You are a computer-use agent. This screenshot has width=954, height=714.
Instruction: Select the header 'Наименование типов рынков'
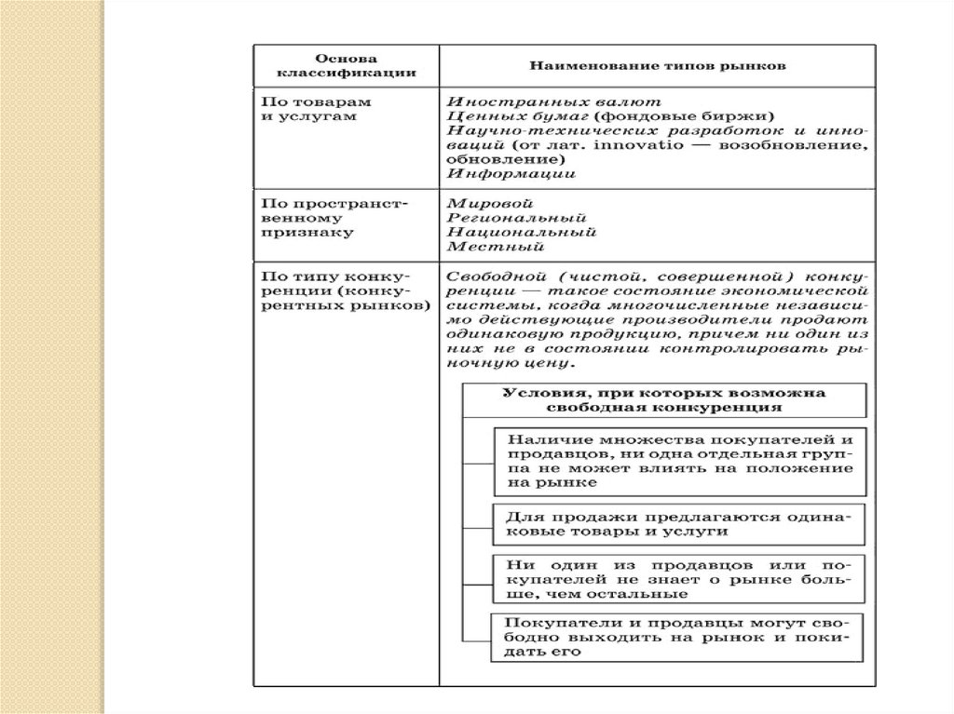[x=658, y=66]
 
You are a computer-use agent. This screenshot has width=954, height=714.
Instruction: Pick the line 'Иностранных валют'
[x=527, y=100]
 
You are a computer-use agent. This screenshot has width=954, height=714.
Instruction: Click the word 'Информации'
[x=511, y=173]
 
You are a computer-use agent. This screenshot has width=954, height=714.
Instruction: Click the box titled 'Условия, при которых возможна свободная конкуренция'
[x=663, y=399]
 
